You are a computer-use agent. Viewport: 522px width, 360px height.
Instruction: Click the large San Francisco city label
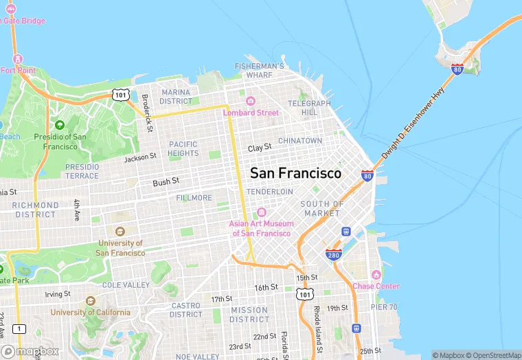[295, 173]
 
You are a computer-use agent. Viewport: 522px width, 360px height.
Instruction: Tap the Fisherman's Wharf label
[259, 70]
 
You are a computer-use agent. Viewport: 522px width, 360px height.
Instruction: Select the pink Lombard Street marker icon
[250, 101]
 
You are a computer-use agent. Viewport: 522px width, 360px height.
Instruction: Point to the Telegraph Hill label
[309, 108]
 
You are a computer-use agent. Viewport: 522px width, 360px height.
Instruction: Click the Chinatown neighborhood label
[300, 140]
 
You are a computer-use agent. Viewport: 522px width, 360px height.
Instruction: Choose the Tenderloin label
[270, 191]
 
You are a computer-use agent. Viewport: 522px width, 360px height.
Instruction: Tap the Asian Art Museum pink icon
[261, 212]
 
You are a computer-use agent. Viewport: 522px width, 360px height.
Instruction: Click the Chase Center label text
[376, 286]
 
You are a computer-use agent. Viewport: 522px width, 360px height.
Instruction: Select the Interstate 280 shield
[334, 255]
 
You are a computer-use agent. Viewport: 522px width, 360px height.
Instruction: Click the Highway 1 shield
[19, 329]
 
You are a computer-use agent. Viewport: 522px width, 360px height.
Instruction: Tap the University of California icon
[91, 301]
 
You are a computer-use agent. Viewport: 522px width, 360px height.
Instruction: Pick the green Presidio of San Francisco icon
[60, 125]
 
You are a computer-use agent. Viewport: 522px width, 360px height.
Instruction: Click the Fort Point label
[18, 70]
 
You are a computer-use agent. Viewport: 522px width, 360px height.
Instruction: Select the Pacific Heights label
[183, 148]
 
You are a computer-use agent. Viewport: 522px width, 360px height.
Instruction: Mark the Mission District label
[249, 315]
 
